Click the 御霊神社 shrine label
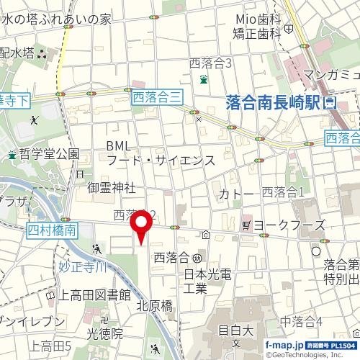coord(112,188)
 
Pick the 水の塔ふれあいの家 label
coord(56,19)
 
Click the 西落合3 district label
coord(210,63)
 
